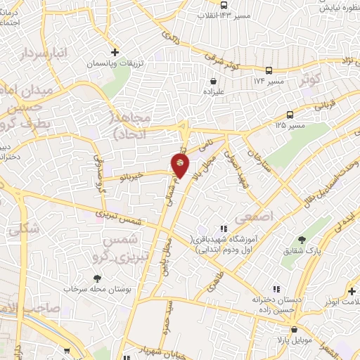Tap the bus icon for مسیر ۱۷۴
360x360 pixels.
pyautogui.click(x=269, y=70)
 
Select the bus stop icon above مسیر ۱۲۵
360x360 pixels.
pyautogui.click(x=290, y=115)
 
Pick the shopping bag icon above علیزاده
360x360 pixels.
pyautogui.click(x=213, y=80)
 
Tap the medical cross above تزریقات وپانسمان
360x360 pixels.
pyautogui.click(x=115, y=52)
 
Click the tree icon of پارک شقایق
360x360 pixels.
pyautogui.click(x=302, y=240)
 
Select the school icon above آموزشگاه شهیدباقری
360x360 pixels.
pyautogui.click(x=224, y=229)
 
